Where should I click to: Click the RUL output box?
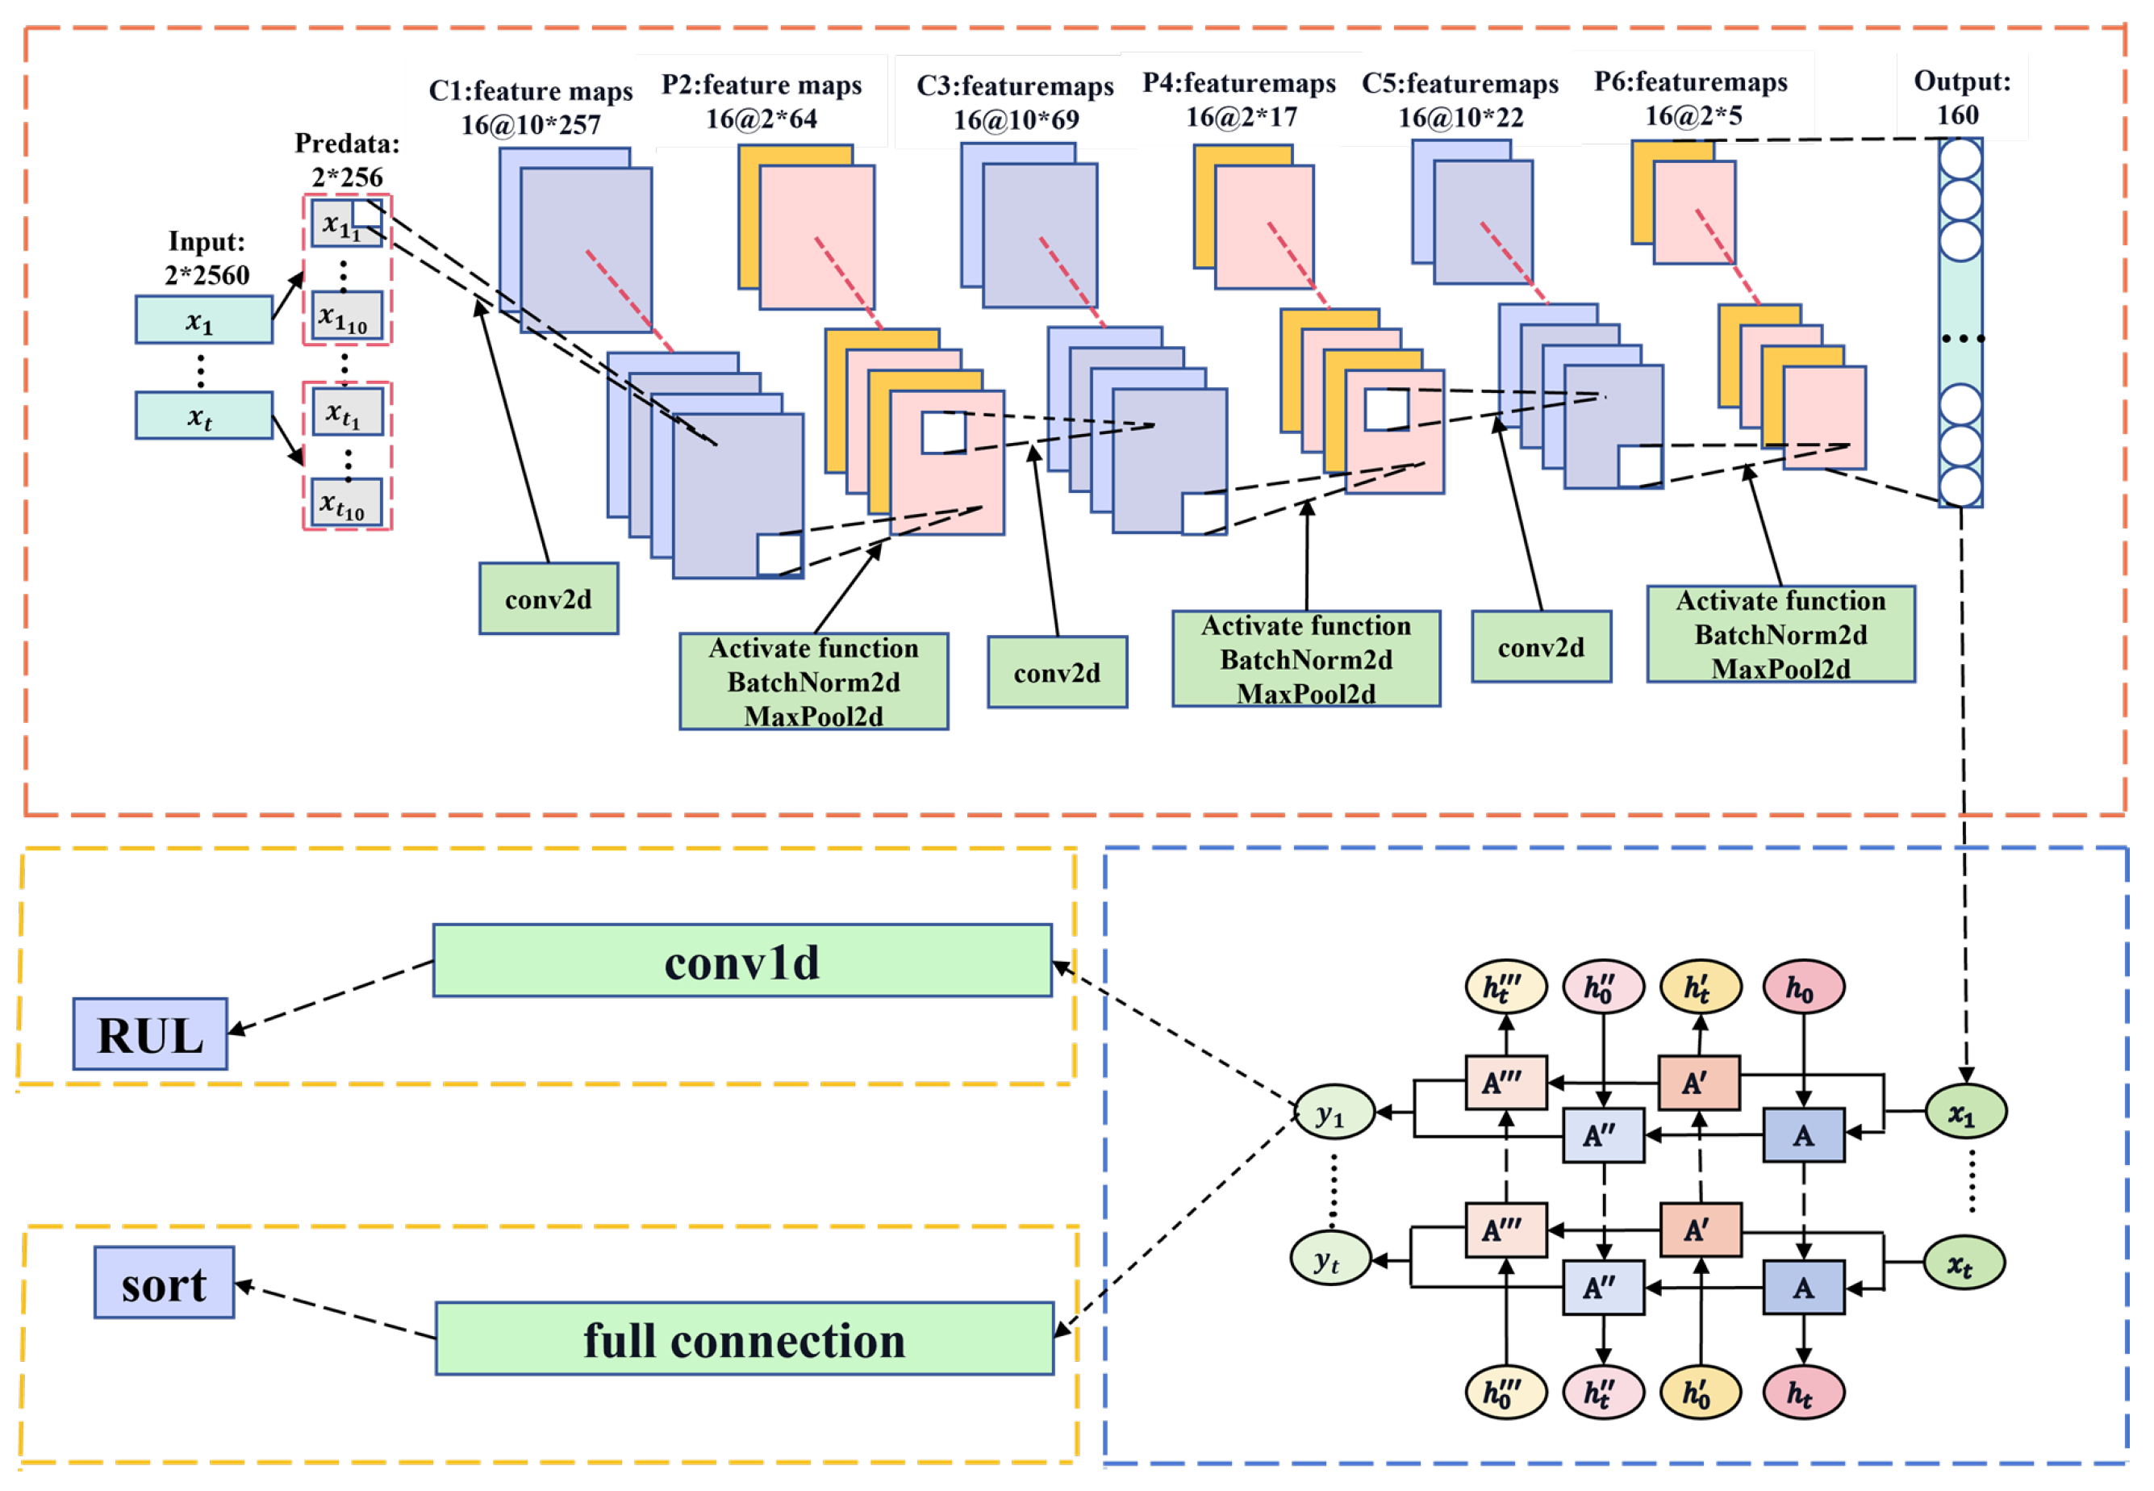click(149, 1034)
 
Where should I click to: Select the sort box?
click(164, 1283)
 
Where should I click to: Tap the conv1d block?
click(741, 960)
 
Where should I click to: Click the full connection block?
click(745, 1339)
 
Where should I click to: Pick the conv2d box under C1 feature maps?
click(549, 599)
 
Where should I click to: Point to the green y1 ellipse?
click(1334, 1113)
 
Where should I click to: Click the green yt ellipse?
click(1330, 1259)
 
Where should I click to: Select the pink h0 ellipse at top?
click(1803, 987)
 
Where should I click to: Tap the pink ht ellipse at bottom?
click(1803, 1393)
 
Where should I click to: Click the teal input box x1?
click(203, 320)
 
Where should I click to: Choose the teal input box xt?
click(203, 416)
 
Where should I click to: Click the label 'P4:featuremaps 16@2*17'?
click(1239, 100)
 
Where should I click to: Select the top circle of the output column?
click(1960, 160)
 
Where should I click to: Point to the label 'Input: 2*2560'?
click(207, 258)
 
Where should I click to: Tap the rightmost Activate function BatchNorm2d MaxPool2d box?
click(1780, 634)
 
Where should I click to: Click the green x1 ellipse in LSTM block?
click(1965, 1113)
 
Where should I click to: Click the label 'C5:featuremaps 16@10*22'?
click(1460, 100)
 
